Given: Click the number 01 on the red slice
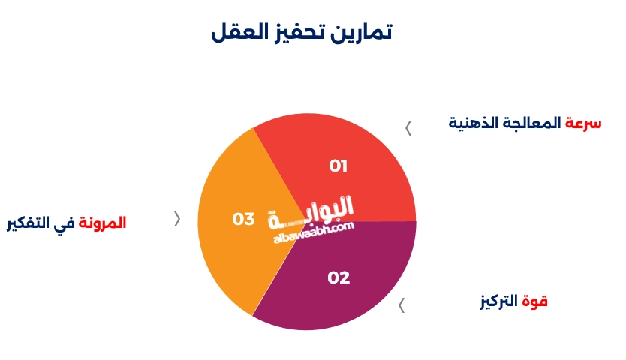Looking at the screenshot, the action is pos(339,166).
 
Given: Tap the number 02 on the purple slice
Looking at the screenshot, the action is pos(339,277).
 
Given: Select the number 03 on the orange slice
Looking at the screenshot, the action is pos(243,219).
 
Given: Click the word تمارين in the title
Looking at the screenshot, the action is pos(361,32).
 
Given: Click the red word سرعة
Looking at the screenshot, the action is pos(583,123).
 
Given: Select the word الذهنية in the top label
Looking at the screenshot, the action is pos(474,123).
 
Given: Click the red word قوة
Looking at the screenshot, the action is pos(534,301).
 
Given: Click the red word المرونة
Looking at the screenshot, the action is pos(102,223).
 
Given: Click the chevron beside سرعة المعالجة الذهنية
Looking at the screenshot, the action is pos(408,128).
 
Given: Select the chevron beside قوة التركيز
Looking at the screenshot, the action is pos(402,305).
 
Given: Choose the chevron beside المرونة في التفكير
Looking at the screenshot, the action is pos(177,219).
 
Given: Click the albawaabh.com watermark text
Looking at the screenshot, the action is pos(314,232).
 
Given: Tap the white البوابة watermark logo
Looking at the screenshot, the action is pos(311,212).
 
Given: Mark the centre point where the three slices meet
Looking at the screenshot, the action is pos(306,221).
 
